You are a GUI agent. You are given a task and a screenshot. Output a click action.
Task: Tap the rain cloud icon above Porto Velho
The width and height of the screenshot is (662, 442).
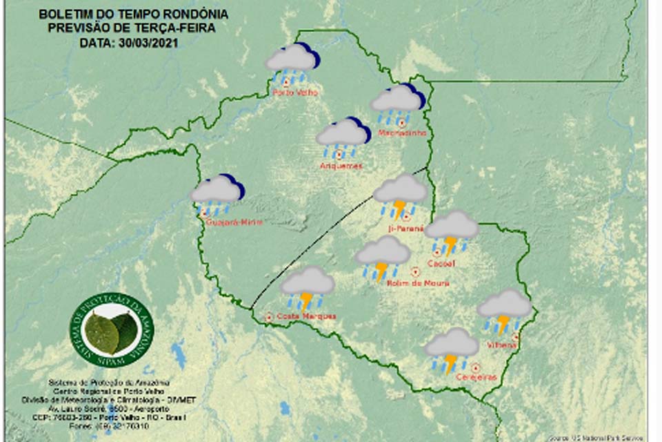[x=292, y=61]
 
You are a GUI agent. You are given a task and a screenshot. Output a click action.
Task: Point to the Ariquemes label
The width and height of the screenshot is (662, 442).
[x=341, y=166]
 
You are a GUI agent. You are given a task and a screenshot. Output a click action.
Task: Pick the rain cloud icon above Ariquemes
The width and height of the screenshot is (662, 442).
[x=343, y=135]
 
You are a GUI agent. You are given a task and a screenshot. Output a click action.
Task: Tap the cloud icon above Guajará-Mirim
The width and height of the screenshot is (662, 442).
[x=217, y=193]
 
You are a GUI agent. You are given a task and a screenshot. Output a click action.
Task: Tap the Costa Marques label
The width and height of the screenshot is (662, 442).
[x=297, y=316]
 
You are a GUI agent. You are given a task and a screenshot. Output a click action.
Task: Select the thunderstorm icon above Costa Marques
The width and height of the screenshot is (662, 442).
[x=308, y=285]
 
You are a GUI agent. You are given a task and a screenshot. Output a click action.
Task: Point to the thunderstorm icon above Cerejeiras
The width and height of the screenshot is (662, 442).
[x=452, y=348]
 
